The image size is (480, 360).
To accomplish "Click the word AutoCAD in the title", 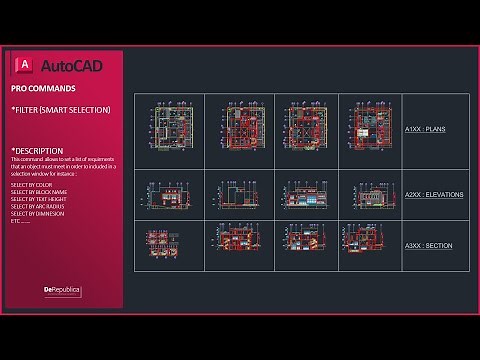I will [x=75, y=66].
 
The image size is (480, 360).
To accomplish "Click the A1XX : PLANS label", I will [x=425, y=129].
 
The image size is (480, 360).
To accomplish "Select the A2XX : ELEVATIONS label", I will [x=433, y=193].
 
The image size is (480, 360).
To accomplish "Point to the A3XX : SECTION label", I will [x=427, y=245].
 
